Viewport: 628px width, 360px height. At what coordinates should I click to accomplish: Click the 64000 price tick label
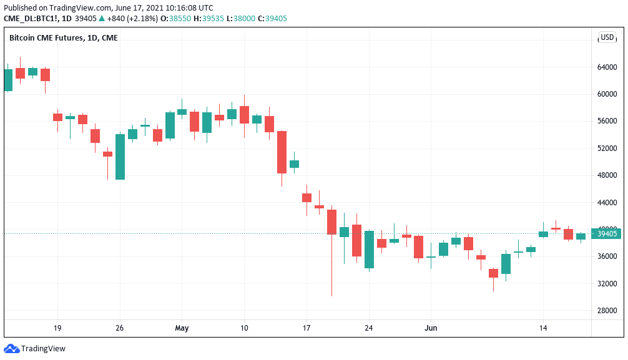[x=607, y=67]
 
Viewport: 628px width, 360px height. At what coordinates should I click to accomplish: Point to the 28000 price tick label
[x=607, y=310]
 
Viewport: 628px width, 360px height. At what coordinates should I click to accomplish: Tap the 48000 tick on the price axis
[x=607, y=175]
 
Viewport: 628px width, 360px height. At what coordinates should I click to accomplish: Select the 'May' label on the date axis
[x=182, y=328]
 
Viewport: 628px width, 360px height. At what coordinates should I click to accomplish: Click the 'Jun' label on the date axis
[x=431, y=328]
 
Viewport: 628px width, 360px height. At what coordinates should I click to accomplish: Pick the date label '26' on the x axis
[x=120, y=328]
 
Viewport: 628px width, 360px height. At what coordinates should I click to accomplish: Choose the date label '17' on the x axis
[x=307, y=328]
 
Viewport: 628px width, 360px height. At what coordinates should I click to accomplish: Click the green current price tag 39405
[x=607, y=234]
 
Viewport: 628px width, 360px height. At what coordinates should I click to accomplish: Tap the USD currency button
[x=607, y=37]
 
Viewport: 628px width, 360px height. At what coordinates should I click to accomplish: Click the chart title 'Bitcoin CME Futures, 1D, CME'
[x=63, y=38]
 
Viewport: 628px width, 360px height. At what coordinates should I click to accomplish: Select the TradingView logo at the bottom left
[x=35, y=349]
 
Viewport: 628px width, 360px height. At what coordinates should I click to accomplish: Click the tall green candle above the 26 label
[x=120, y=157]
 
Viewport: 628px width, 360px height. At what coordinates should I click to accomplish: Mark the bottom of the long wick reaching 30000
[x=331, y=295]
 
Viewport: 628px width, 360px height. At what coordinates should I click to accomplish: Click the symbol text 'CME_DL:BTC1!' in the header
[x=29, y=18]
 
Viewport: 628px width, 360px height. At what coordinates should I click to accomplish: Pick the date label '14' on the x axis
[x=543, y=328]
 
